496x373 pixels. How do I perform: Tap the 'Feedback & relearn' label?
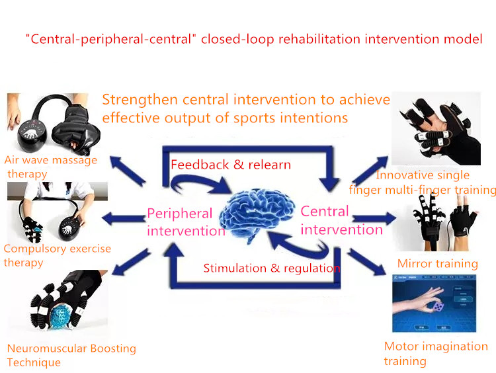[231, 165]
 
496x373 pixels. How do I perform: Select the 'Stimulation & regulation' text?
[272, 269]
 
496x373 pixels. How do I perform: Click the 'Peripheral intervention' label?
[186, 222]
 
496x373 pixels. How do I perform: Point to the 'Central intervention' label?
[342, 220]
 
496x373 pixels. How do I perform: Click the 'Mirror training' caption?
[438, 263]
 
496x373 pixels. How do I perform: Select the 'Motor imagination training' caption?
[436, 353]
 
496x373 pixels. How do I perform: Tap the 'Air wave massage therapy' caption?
[51, 167]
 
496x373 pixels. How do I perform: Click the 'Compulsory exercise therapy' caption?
[58, 255]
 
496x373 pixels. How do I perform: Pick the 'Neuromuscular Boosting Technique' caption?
[71, 355]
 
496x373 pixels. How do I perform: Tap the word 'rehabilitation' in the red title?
[319, 39]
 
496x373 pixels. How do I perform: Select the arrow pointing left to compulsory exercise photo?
[124, 218]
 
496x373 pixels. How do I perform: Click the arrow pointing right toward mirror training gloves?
[374, 218]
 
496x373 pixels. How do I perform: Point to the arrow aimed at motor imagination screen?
[367, 261]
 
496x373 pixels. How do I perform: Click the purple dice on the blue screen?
[438, 307]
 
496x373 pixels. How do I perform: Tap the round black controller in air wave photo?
[32, 136]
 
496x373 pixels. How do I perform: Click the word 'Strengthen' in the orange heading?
[140, 100]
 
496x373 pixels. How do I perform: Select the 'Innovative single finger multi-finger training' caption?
[423, 183]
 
